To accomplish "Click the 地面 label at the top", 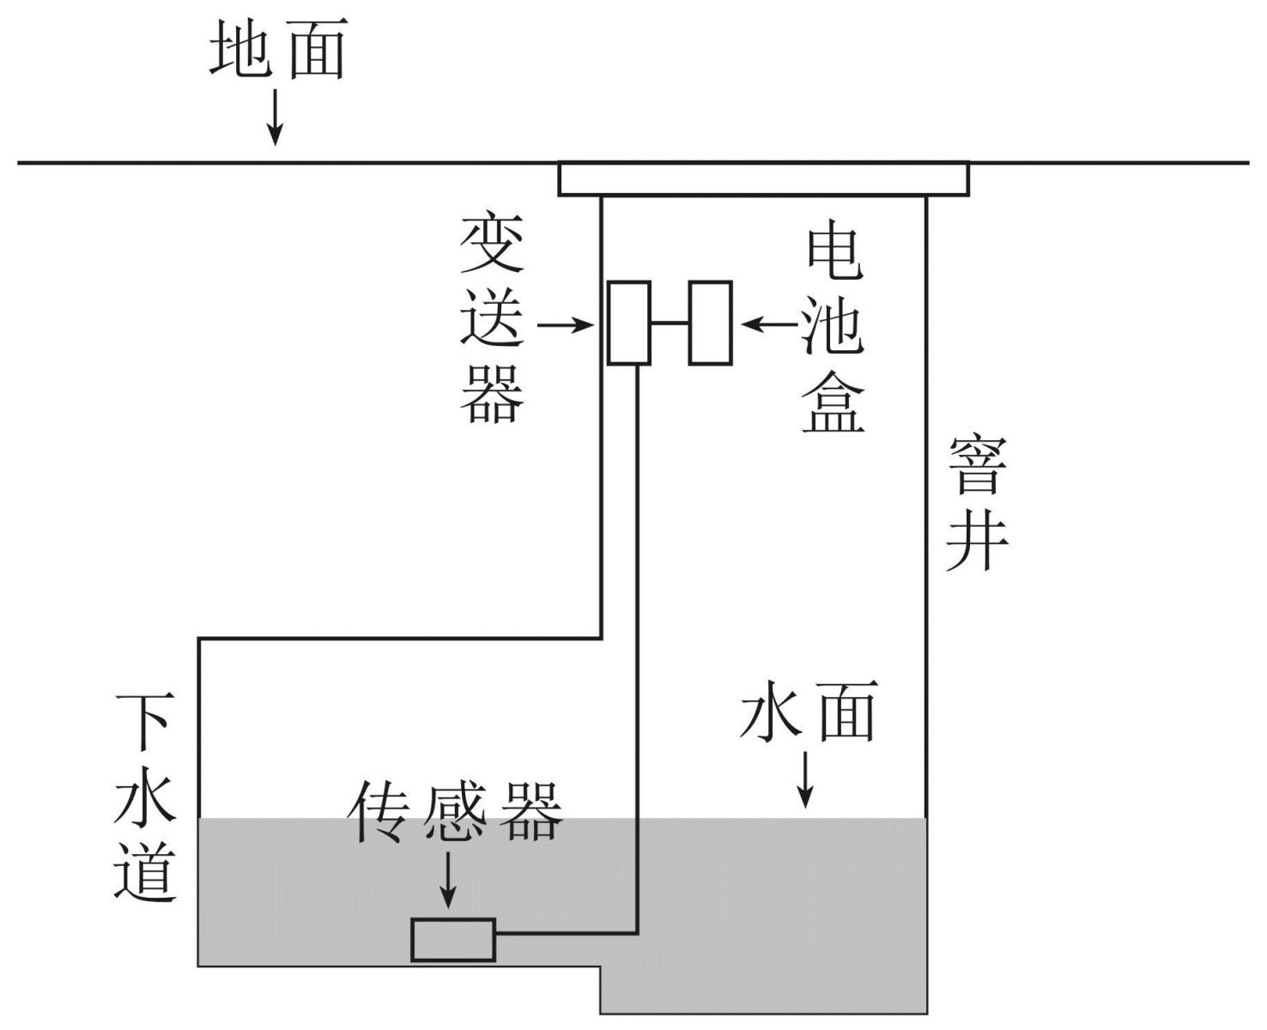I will point(276,50).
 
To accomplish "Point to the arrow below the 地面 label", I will point(275,117).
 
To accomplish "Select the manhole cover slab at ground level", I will point(763,179).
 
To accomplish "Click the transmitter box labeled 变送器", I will point(628,323).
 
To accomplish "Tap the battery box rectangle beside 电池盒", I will point(710,323).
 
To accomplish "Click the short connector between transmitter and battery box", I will point(670,324).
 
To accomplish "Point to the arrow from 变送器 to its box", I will point(566,325).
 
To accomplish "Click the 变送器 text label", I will point(492,321).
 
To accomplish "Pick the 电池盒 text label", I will point(833,330).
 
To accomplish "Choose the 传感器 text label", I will point(456,812).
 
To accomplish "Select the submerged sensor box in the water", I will point(453,940).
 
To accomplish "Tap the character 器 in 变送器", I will point(492,395).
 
